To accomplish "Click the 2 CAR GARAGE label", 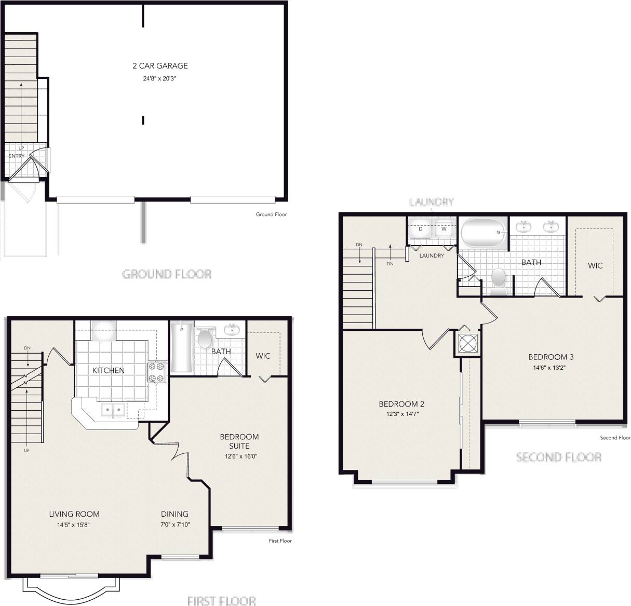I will (160, 66).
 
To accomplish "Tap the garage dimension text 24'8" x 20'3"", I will (160, 78).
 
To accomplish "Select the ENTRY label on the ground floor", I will (16, 156).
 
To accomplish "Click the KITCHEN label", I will (109, 370).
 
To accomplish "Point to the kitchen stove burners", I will (156, 372).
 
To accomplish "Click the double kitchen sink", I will (113, 410).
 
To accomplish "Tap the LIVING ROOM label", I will (74, 514).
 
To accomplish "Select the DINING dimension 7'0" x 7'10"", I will (174, 524).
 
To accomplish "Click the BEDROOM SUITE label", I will (239, 441).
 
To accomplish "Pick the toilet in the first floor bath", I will (205, 339).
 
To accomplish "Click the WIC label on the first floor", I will (263, 356).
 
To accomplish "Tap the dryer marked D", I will (421, 229).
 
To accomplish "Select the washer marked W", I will (444, 229).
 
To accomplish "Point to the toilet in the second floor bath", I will (499, 279).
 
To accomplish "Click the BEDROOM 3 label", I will (551, 357).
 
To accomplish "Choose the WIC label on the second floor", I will (595, 265).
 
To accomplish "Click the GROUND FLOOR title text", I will (167, 274).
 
